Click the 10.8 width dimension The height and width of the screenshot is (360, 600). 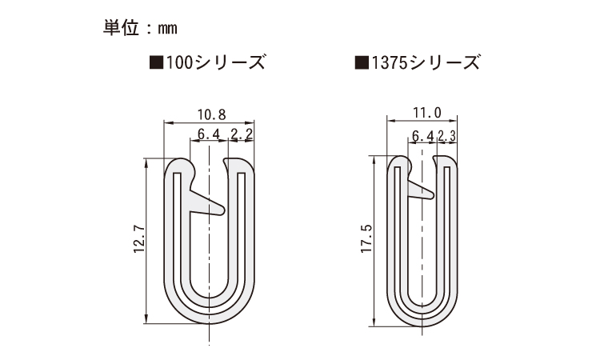[x=209, y=114]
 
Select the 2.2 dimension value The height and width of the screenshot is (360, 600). [x=242, y=134]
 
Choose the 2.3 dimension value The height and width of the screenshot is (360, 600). [x=448, y=137]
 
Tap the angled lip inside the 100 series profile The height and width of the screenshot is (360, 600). [x=207, y=203]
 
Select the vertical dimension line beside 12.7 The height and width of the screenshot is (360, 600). [x=146, y=240]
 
